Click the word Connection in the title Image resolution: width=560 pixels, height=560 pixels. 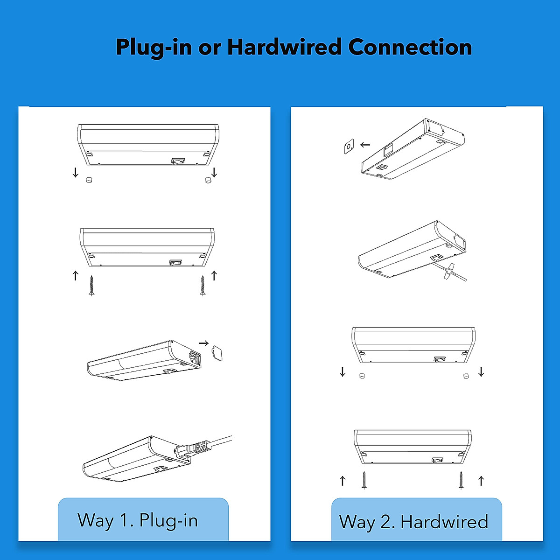pyautogui.click(x=410, y=47)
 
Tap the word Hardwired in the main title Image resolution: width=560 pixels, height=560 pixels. pyautogui.click(x=284, y=47)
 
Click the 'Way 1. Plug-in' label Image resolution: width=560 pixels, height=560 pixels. pyautogui.click(x=138, y=520)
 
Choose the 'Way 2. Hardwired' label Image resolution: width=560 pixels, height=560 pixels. pyautogui.click(x=413, y=522)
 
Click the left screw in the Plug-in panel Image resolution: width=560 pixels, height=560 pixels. pyautogui.click(x=91, y=286)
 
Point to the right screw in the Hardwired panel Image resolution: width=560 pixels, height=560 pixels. pyautogui.click(x=461, y=480)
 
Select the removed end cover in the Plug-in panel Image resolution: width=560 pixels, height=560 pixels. pyautogui.click(x=216, y=353)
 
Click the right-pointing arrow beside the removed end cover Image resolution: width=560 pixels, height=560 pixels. pyautogui.click(x=203, y=343)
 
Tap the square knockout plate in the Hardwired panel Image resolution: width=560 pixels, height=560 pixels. pyautogui.click(x=349, y=147)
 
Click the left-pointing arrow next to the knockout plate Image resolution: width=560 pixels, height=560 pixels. pyautogui.click(x=365, y=145)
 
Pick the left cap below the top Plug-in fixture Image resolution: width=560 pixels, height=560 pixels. pyautogui.click(x=89, y=180)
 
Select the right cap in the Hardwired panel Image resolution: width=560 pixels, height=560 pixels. pyautogui.click(x=466, y=376)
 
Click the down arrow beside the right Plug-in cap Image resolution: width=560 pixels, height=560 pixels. pyautogui.click(x=214, y=173)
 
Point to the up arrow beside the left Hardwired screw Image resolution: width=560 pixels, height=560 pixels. pyautogui.click(x=343, y=480)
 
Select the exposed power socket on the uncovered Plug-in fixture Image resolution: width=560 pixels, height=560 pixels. pyautogui.click(x=193, y=359)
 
